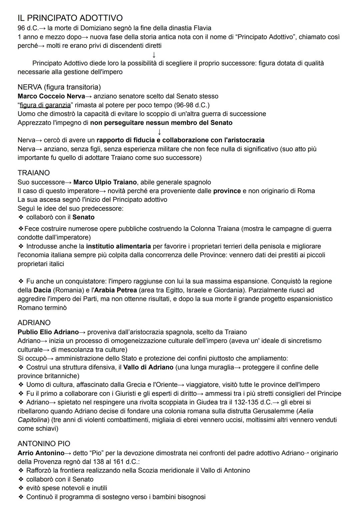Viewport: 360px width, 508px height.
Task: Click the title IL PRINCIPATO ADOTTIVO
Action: point(70,18)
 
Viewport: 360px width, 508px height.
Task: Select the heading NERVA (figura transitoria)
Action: point(59,87)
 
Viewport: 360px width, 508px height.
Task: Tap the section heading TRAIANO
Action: point(34,173)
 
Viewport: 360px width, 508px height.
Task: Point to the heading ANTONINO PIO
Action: point(44,444)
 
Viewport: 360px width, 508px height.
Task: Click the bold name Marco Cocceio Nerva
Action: point(51,96)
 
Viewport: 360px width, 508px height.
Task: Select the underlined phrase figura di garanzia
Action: point(45,105)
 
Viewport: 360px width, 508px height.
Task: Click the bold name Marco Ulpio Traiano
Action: point(105,182)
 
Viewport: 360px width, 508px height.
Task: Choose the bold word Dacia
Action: point(42,290)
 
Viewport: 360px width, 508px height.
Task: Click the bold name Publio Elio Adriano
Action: point(48,332)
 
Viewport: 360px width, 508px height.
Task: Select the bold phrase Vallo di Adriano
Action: point(148,367)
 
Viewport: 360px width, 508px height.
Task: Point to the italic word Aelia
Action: point(306,411)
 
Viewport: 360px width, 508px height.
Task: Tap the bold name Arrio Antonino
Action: point(41,453)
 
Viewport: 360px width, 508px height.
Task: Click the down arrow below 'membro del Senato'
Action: point(160,132)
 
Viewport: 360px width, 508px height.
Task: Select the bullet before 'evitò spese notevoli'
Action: point(21,488)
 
